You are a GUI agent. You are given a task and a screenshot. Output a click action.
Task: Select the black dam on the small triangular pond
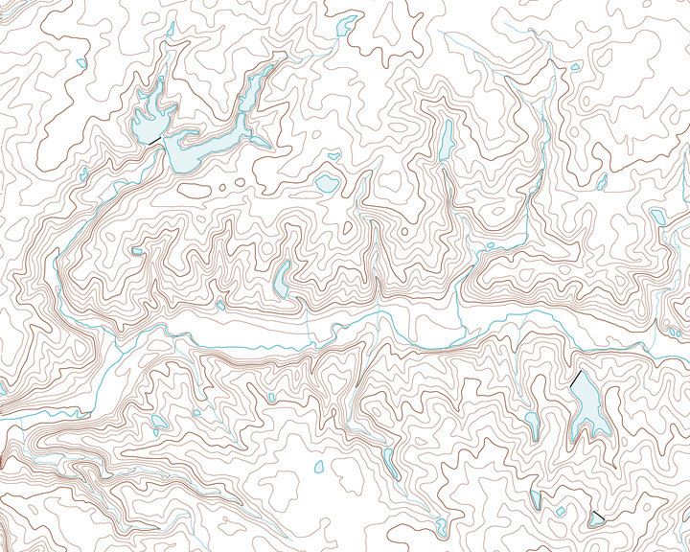(x=598, y=517)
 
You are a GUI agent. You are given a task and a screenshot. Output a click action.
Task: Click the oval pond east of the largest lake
(x=326, y=183)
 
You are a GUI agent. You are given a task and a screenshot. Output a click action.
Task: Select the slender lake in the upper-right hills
(x=446, y=142)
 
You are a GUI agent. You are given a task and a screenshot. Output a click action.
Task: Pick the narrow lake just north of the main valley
(x=283, y=278)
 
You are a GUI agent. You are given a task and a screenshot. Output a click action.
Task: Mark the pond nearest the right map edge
(x=658, y=217)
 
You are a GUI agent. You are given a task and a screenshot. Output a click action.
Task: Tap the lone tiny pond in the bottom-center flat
(x=319, y=468)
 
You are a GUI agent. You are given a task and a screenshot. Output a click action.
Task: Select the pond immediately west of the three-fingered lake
(x=531, y=418)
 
